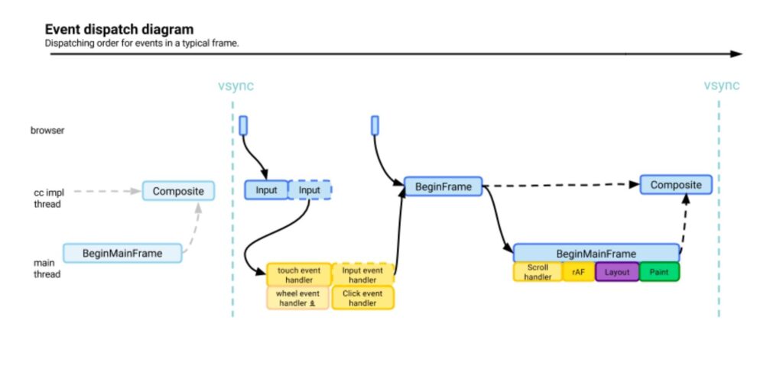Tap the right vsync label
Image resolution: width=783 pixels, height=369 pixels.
(721, 86)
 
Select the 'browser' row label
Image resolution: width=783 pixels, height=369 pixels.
(47, 131)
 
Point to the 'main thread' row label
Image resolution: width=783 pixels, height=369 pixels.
(47, 268)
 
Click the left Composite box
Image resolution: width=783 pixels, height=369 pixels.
(178, 190)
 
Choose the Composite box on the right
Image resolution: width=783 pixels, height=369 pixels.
(676, 185)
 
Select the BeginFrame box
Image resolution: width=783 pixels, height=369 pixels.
(443, 186)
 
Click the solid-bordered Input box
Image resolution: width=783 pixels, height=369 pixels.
(266, 189)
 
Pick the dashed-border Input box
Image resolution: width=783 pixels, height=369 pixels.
(310, 189)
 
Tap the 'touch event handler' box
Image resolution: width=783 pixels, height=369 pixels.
(299, 274)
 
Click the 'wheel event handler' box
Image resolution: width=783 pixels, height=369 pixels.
(298, 298)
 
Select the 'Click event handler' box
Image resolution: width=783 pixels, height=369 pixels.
(362, 298)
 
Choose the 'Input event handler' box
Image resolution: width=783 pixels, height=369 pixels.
(362, 274)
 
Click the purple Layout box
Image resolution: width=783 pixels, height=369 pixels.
(616, 272)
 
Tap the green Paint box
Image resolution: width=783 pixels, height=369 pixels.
(658, 272)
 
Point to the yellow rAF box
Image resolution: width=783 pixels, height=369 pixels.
(578, 272)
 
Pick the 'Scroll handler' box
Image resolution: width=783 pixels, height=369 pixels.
(538, 272)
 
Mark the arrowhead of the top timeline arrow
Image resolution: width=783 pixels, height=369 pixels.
(736, 54)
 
